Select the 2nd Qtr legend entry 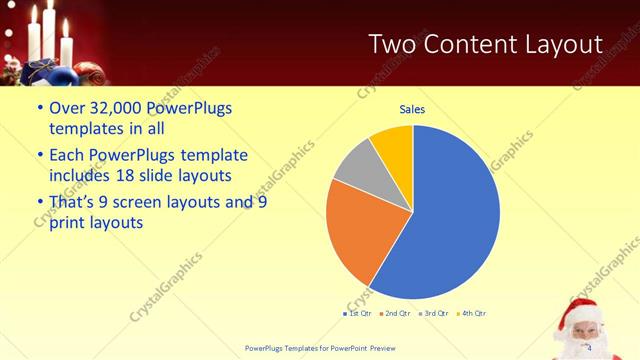pos(397,314)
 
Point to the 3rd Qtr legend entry pos(435,314)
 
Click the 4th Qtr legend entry pos(473,314)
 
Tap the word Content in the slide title pos(468,44)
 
